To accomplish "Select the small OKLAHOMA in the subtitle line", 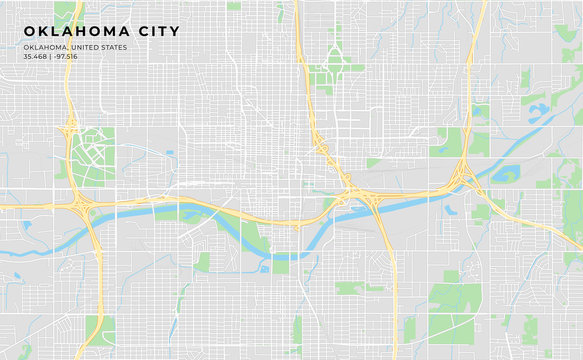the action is click(45, 47).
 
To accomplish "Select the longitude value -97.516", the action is click(66, 56).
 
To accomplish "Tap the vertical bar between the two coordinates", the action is click(51, 56).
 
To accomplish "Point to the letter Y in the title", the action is click(175, 32).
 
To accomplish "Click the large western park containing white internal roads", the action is click(92, 155).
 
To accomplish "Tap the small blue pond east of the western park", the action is click(168, 153).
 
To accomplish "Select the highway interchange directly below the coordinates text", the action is click(71, 125).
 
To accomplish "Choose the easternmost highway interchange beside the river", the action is click(462, 178).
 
